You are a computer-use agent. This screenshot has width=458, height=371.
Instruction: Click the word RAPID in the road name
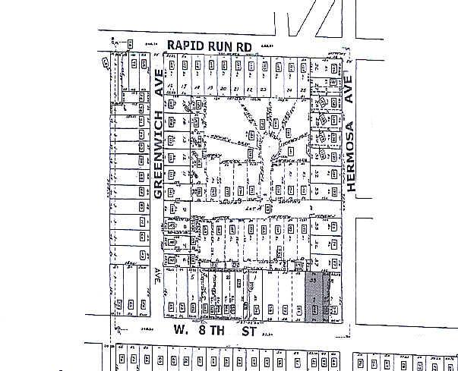(x=185, y=46)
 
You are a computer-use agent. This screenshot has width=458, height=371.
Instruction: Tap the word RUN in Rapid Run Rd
(x=220, y=46)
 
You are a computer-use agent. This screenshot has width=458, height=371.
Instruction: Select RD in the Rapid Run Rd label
(x=244, y=46)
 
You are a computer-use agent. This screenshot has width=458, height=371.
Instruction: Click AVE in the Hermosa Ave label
(x=350, y=90)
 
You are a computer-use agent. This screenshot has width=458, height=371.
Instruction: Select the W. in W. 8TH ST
(x=178, y=330)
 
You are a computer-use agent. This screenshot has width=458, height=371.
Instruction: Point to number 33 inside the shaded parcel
(x=314, y=280)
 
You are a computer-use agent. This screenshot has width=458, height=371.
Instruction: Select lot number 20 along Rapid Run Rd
(x=223, y=89)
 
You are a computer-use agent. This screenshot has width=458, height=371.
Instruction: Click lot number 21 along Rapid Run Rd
(x=236, y=89)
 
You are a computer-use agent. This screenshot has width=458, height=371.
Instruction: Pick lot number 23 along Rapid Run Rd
(x=263, y=89)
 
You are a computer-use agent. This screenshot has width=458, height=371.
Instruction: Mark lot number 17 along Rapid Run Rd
(x=184, y=89)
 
